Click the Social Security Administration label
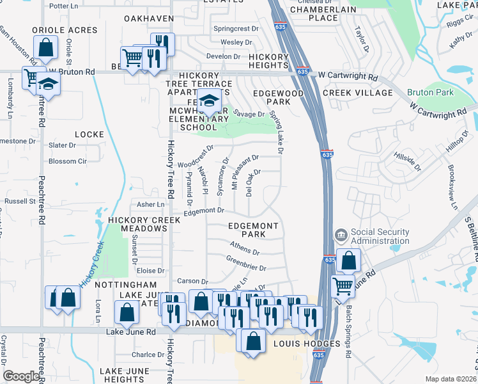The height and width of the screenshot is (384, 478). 380,236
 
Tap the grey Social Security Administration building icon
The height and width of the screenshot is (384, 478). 341,236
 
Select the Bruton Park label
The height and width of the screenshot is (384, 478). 430,92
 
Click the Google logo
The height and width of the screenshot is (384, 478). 21,376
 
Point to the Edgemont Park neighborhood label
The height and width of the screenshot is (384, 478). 254,230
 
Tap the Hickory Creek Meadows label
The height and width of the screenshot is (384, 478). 141,224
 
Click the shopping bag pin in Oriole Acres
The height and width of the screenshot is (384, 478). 46,46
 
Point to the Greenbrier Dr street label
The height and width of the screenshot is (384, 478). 245,262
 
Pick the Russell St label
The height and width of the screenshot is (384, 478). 20,201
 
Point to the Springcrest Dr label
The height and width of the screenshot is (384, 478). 236,29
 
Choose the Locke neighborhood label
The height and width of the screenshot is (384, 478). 89,134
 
